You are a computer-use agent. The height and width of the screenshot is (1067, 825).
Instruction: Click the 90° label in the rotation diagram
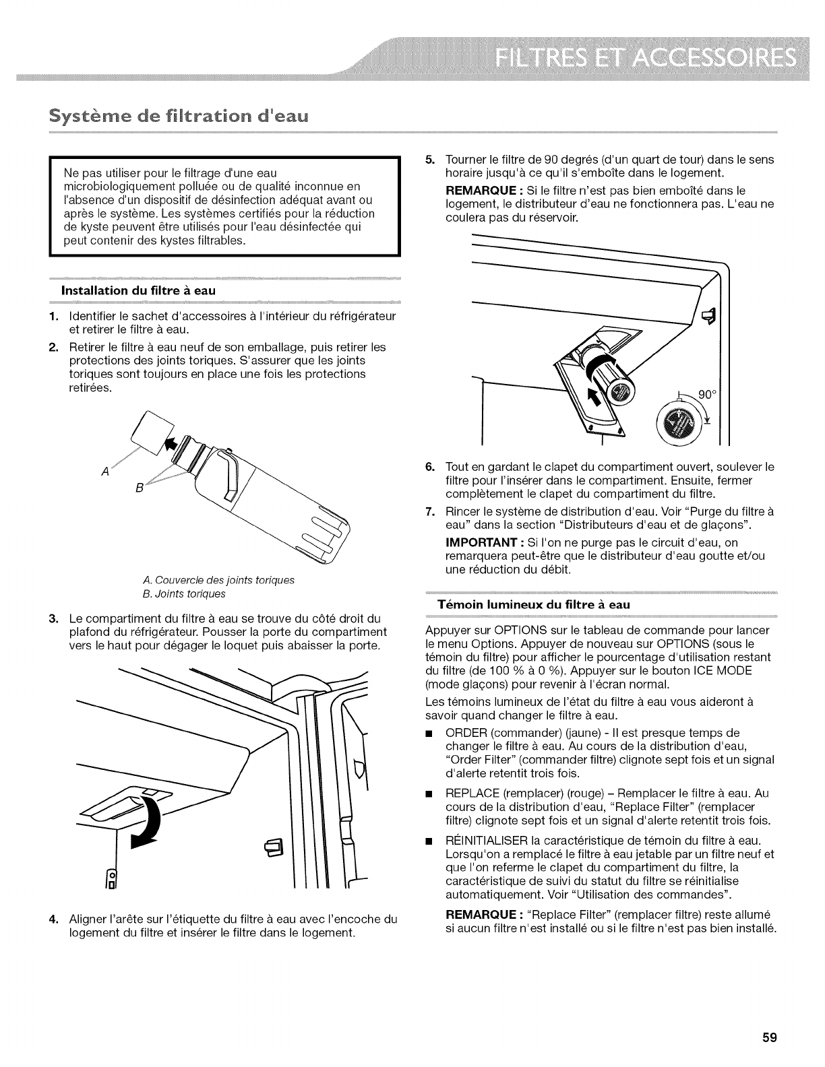click(706, 395)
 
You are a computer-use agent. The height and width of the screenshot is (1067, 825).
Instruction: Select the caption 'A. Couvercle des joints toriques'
click(219, 579)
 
